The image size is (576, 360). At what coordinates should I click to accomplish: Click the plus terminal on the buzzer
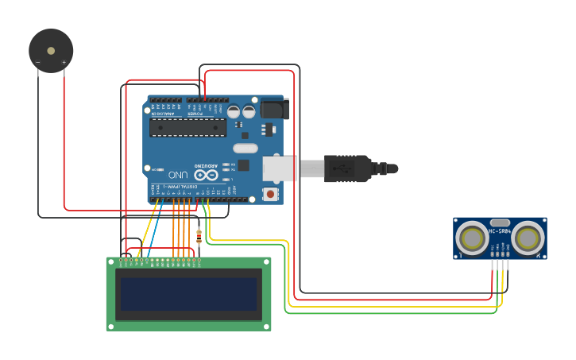(64, 62)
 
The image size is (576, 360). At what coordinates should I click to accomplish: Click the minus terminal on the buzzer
(38, 62)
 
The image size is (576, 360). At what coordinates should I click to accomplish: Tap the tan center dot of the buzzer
(51, 51)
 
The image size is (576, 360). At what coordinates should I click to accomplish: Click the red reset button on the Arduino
(271, 193)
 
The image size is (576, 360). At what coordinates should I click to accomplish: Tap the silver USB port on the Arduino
(280, 168)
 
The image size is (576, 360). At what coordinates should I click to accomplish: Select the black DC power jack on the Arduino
(273, 109)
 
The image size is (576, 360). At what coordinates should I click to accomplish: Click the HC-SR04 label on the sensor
(500, 231)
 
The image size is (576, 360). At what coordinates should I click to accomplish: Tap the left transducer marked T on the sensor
(473, 238)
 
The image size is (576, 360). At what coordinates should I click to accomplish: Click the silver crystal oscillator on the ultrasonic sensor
(500, 223)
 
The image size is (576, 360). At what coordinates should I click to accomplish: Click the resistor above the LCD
(199, 235)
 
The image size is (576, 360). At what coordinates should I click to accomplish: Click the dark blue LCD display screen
(188, 293)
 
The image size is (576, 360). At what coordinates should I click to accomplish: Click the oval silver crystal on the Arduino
(245, 148)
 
